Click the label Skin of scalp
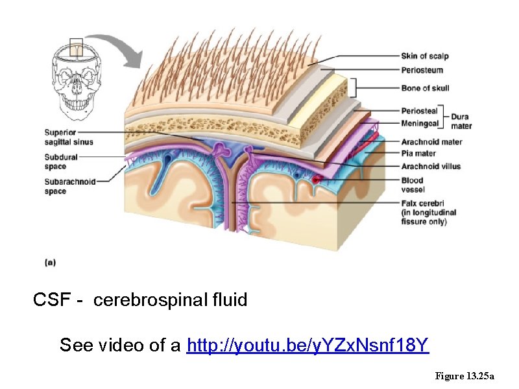(424, 56)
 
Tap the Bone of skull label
(425, 88)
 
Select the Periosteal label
(418, 112)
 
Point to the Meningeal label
(420, 122)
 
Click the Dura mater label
(461, 121)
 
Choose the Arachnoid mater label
(431, 142)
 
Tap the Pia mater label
(418, 154)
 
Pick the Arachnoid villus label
(431, 166)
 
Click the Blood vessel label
(413, 185)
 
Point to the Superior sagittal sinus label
(69, 137)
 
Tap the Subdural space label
(61, 161)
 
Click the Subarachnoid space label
(69, 187)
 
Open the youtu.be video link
(308, 346)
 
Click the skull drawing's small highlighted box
(78, 48)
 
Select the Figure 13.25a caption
(465, 376)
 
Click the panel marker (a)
(50, 262)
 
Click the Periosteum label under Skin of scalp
(422, 69)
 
